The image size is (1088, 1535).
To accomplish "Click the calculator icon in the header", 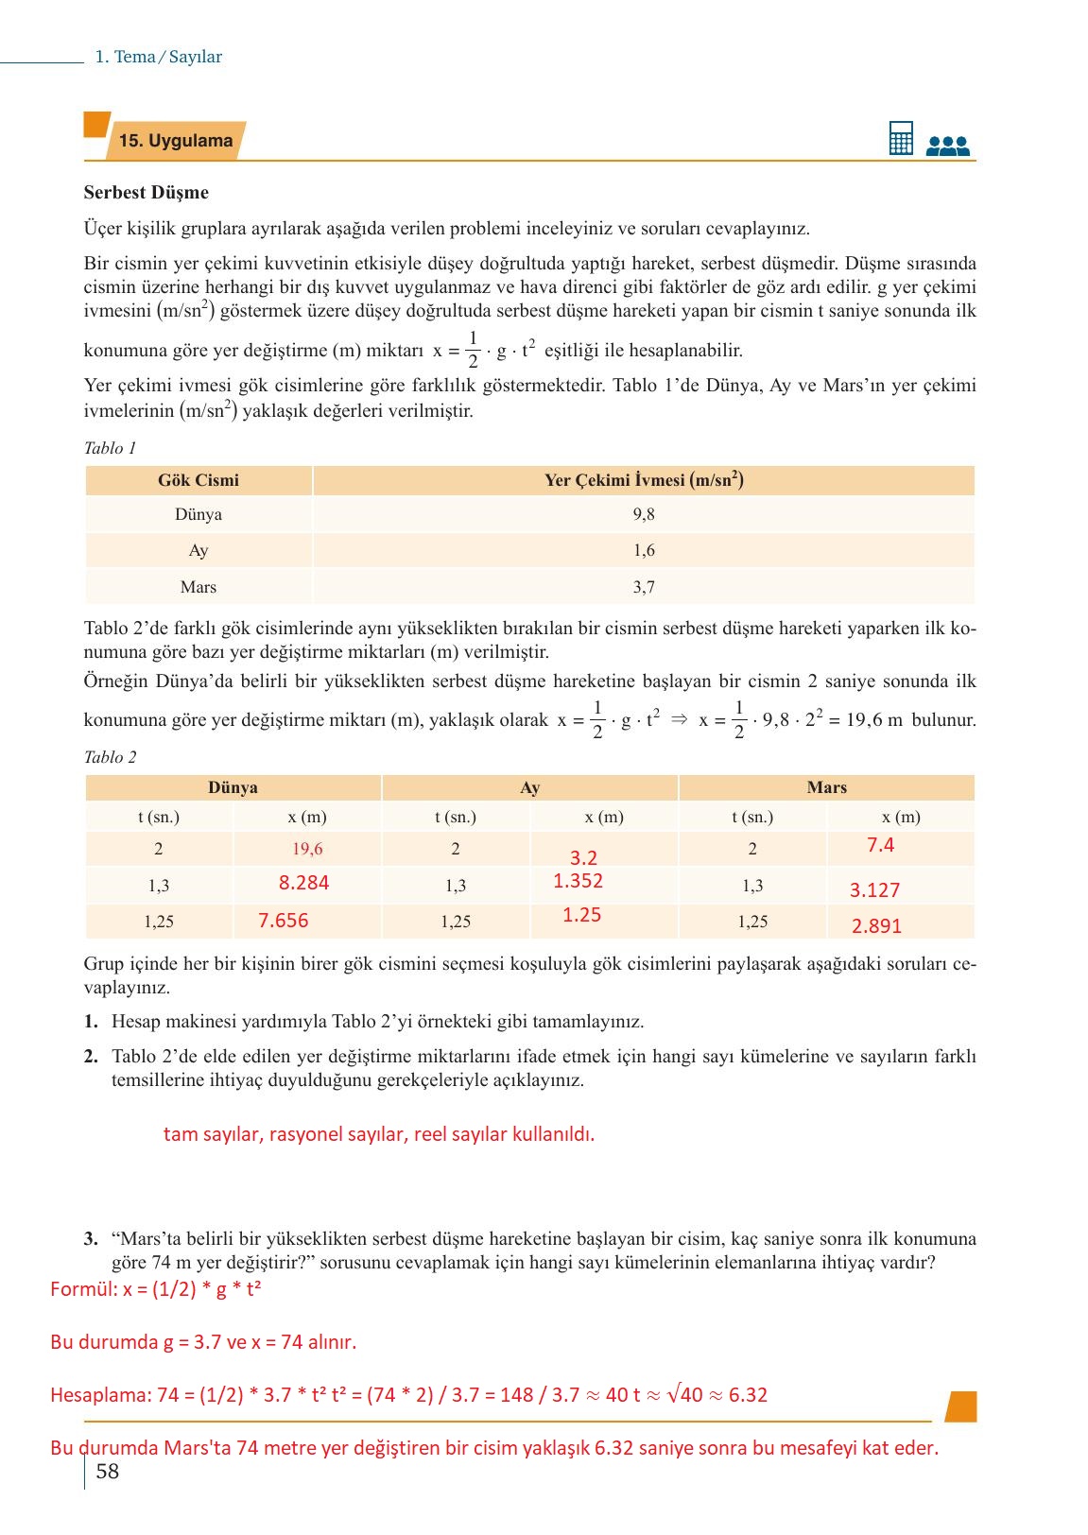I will click(901, 138).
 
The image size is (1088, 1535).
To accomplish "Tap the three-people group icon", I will click(948, 145).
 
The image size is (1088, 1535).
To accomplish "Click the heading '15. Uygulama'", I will click(176, 141).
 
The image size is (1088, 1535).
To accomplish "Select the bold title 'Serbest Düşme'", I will click(146, 193).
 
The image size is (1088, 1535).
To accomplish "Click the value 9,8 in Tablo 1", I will click(644, 514).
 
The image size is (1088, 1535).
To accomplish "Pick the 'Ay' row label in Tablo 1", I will click(199, 550).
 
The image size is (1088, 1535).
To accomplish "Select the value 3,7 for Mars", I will click(644, 587).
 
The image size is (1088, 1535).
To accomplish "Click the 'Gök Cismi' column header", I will click(199, 480).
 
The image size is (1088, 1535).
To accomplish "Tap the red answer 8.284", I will click(303, 883).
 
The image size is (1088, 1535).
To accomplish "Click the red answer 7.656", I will click(284, 921).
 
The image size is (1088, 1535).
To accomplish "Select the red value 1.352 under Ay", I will click(578, 881).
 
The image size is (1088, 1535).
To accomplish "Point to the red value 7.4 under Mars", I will click(880, 845).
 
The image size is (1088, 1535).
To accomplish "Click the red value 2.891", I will click(876, 926).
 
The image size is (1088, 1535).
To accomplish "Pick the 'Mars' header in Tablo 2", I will click(826, 787).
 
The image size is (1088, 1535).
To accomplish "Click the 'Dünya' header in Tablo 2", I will click(233, 787).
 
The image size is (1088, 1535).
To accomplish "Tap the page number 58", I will click(108, 1472).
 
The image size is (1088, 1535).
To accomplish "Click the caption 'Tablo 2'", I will click(110, 757).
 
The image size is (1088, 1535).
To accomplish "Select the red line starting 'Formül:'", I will click(156, 1289).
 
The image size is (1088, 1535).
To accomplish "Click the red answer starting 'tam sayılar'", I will click(378, 1134).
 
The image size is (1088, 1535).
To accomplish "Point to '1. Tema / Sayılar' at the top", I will click(159, 57).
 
